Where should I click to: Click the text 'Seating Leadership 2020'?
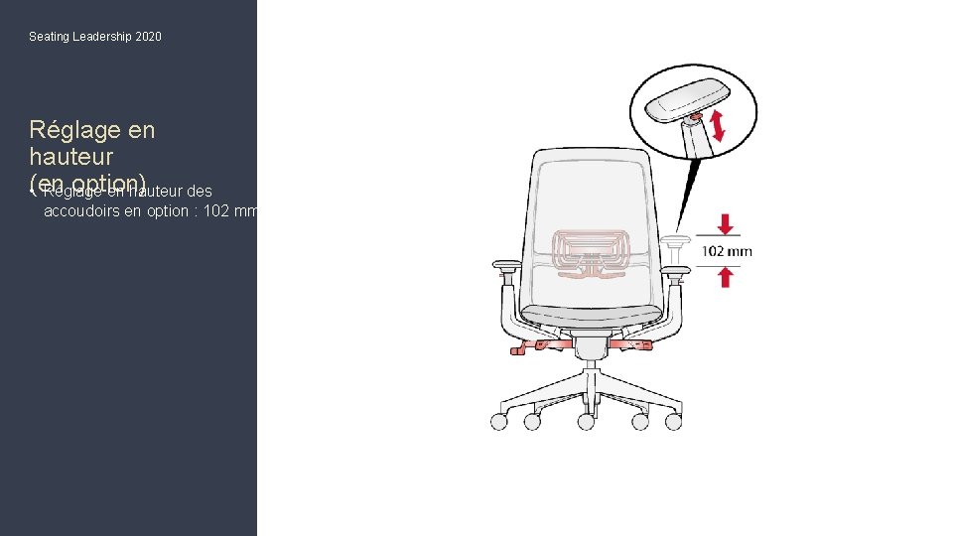[x=95, y=37]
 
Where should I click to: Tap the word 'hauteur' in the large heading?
[x=71, y=157]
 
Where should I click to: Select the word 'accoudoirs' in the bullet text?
[x=79, y=211]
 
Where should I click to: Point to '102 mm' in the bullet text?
[x=230, y=211]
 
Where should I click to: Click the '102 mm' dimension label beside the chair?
[x=727, y=251]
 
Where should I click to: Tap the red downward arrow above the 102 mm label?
[x=725, y=224]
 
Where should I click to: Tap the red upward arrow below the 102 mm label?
[x=725, y=277]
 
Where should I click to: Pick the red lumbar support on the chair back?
[x=592, y=250]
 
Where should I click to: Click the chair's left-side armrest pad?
[x=505, y=265]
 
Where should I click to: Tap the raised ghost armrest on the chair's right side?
[x=678, y=241]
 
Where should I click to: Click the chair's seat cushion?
[x=592, y=317]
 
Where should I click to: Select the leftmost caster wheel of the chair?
[x=498, y=421]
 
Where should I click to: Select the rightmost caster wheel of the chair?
[x=674, y=421]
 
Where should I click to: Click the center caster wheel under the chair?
[x=586, y=422]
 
